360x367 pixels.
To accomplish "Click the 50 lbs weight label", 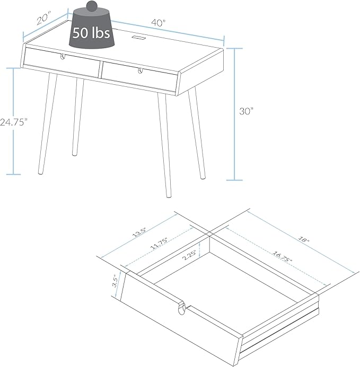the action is (91, 32).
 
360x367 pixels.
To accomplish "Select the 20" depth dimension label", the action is (44, 19).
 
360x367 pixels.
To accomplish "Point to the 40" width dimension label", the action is (159, 23).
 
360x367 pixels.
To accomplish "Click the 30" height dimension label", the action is (247, 111).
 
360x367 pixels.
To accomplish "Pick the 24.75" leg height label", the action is (14, 122).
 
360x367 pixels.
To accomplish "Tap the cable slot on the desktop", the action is (139, 37).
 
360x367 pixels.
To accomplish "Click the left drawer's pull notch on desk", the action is (63, 57).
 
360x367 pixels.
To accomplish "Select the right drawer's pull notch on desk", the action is (140, 70).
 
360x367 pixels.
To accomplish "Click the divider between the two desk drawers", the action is (100, 69).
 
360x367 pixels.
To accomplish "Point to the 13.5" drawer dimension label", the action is (139, 232).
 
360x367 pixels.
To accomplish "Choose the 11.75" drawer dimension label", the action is (159, 244).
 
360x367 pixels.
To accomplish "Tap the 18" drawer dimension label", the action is (304, 240).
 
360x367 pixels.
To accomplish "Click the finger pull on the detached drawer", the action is (181, 308).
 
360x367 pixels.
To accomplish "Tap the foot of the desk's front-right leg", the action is (168, 195).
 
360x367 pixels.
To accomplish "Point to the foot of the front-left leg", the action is (40, 172).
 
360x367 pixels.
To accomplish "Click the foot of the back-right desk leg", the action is (203, 177).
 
